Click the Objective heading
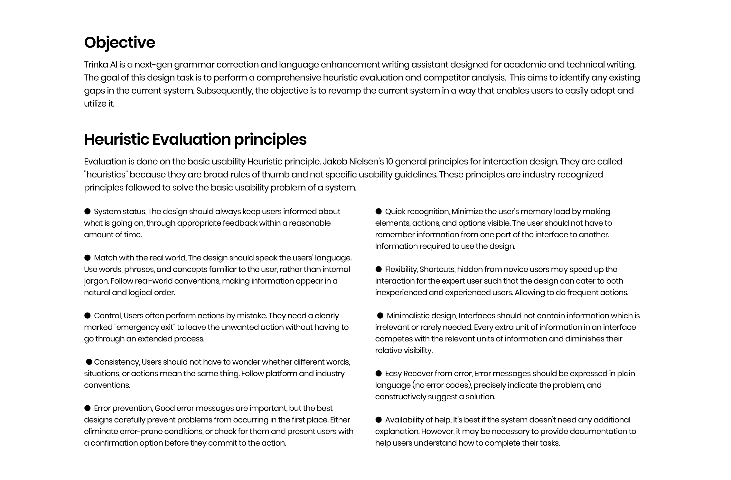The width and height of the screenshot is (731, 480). (x=119, y=42)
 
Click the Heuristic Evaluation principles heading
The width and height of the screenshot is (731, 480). (x=195, y=140)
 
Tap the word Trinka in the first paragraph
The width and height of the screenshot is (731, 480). (x=96, y=65)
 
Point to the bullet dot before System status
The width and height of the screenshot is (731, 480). (x=87, y=211)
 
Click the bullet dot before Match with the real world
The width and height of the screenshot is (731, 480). (x=87, y=258)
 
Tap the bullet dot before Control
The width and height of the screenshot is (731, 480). (x=87, y=315)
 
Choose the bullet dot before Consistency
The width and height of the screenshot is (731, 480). (x=89, y=362)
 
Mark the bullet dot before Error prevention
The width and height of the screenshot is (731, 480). (x=87, y=408)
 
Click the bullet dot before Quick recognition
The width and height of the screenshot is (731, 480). (x=379, y=211)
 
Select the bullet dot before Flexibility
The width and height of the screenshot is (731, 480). (x=379, y=269)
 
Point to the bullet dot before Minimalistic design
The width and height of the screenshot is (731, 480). (x=380, y=315)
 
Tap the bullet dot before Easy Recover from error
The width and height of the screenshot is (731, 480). (x=379, y=373)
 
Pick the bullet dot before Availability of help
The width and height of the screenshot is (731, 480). (x=379, y=420)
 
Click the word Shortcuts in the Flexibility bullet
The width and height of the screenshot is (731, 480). (x=437, y=269)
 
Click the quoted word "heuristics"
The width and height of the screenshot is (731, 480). (x=106, y=175)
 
